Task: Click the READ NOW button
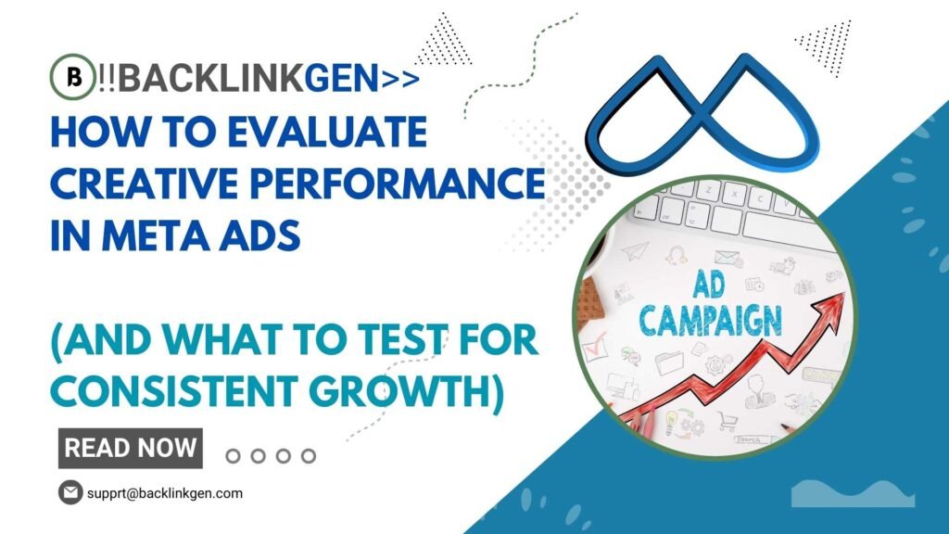pos(131,448)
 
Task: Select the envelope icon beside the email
pos(70,492)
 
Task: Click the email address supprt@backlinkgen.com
pos(164,493)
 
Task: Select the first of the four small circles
pos(234,455)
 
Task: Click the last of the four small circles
pos(309,455)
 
